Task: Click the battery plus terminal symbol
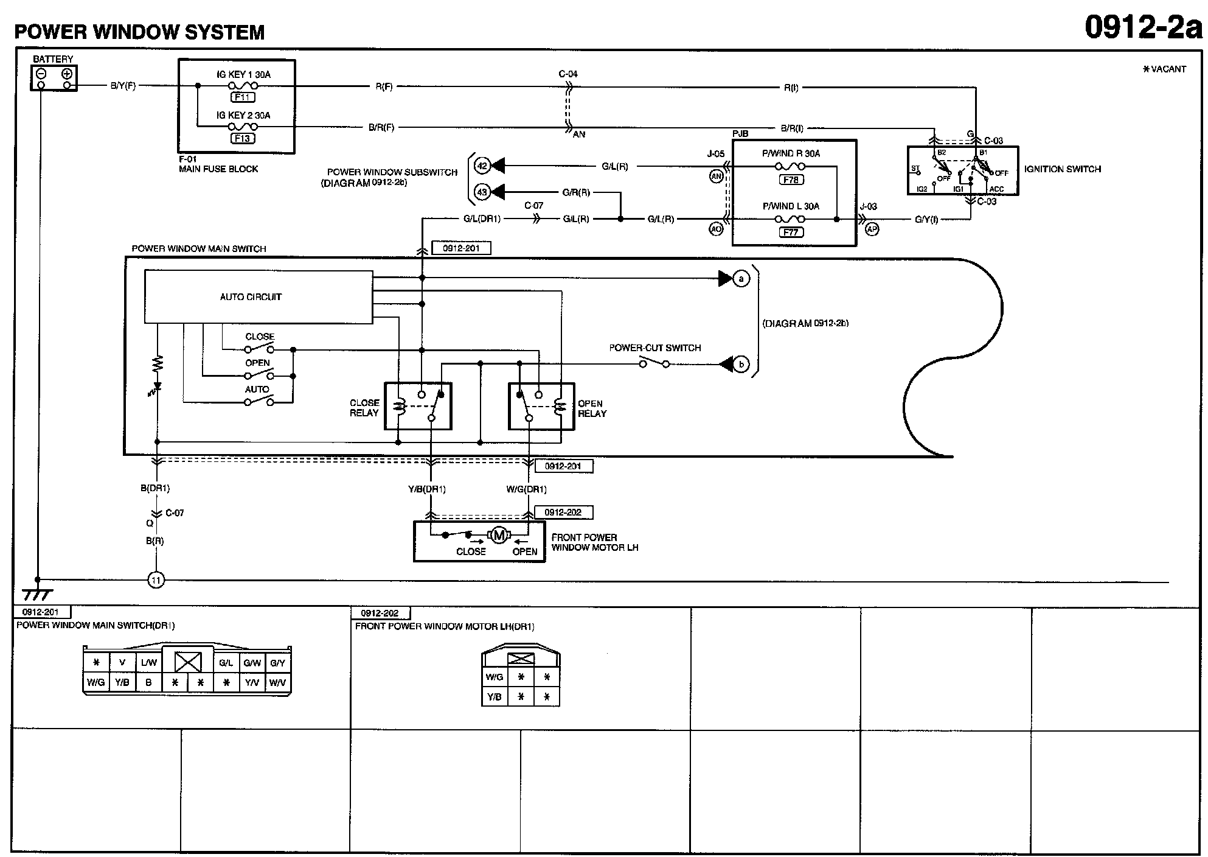point(67,74)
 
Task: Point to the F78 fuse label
point(791,180)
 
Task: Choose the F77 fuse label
point(791,232)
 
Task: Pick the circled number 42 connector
point(482,166)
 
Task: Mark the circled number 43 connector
point(482,192)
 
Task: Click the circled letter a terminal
point(741,279)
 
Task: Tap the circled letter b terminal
point(741,365)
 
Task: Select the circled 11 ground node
point(156,580)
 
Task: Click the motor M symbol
point(499,536)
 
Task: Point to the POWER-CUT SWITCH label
point(655,348)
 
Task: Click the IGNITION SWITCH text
point(1063,169)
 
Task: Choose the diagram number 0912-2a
point(1144,27)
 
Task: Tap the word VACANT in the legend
point(1168,69)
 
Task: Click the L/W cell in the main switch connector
point(149,663)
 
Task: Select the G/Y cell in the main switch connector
point(278,663)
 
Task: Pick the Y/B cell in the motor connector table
point(495,697)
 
